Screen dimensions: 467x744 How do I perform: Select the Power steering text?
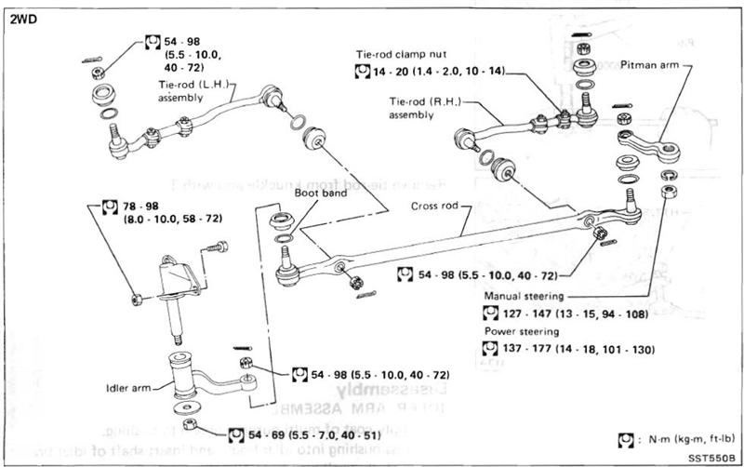[x=523, y=331]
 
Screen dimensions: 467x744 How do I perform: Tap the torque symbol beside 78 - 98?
[x=108, y=205]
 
